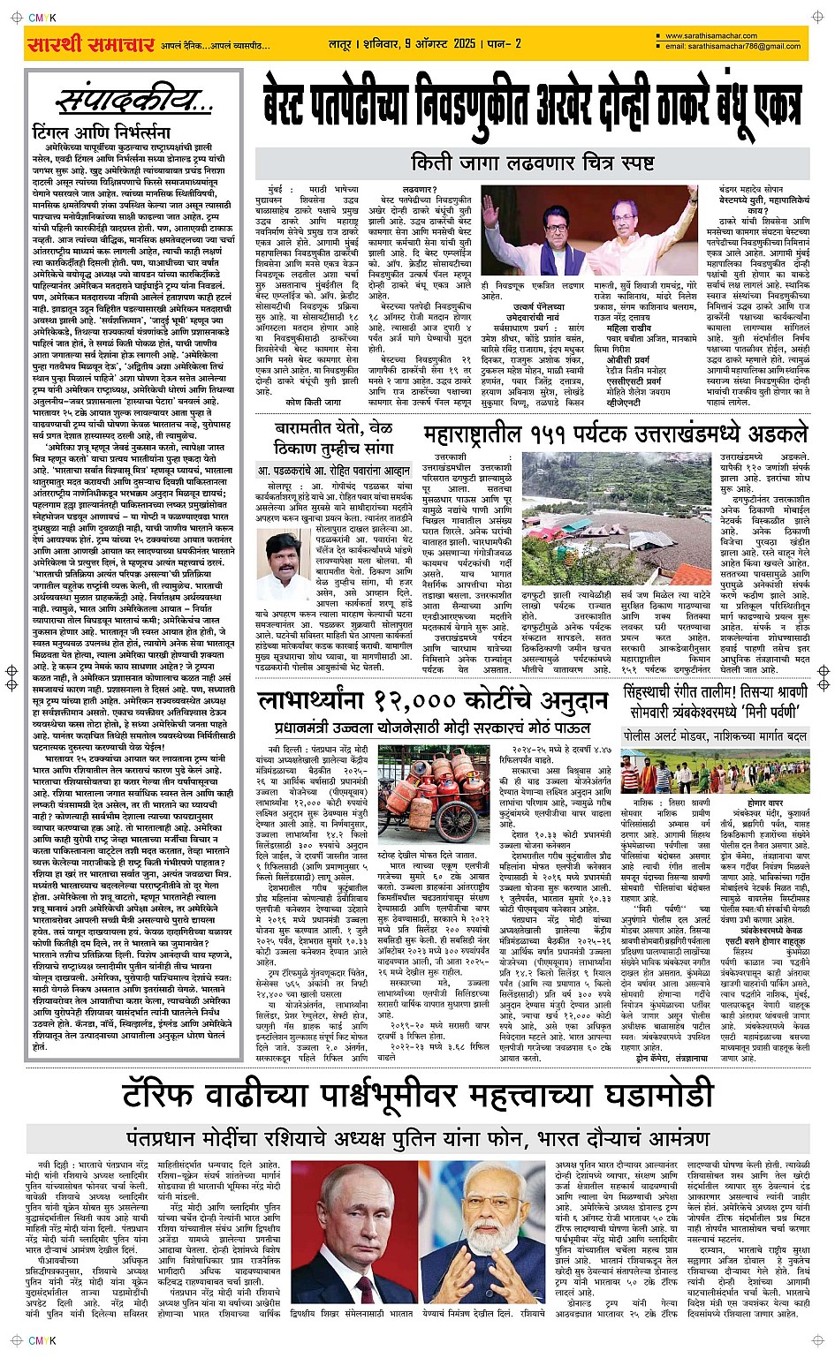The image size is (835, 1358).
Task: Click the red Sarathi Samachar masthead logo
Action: (91, 44)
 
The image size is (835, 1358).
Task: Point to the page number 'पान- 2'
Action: (505, 43)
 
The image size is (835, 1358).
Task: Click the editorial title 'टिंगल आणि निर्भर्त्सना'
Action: (101, 132)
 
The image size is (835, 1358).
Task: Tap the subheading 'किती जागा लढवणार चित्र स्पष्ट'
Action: (544, 162)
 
